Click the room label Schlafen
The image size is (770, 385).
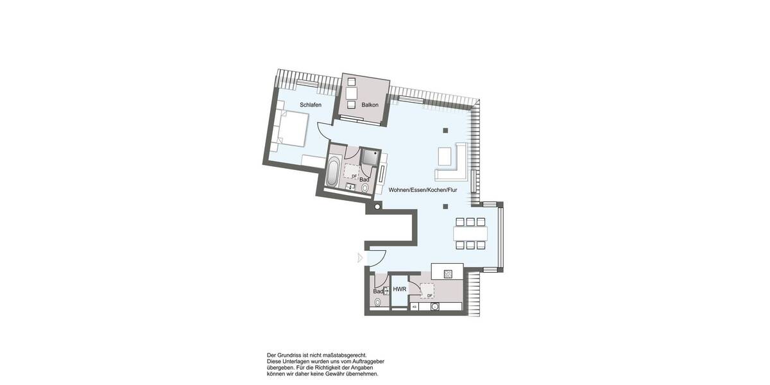(310, 105)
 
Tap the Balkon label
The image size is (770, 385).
(370, 105)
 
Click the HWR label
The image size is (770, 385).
(400, 290)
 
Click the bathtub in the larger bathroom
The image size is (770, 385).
(332, 173)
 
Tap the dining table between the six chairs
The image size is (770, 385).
(471, 232)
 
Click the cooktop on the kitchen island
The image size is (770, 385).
(447, 272)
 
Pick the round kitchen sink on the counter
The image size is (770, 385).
(435, 307)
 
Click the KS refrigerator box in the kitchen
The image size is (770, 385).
(415, 307)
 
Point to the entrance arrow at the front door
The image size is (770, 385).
(360, 258)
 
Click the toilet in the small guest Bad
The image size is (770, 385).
(377, 302)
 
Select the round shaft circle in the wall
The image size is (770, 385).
(378, 207)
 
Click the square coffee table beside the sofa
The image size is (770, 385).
(445, 156)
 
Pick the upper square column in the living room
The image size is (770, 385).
(445, 130)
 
